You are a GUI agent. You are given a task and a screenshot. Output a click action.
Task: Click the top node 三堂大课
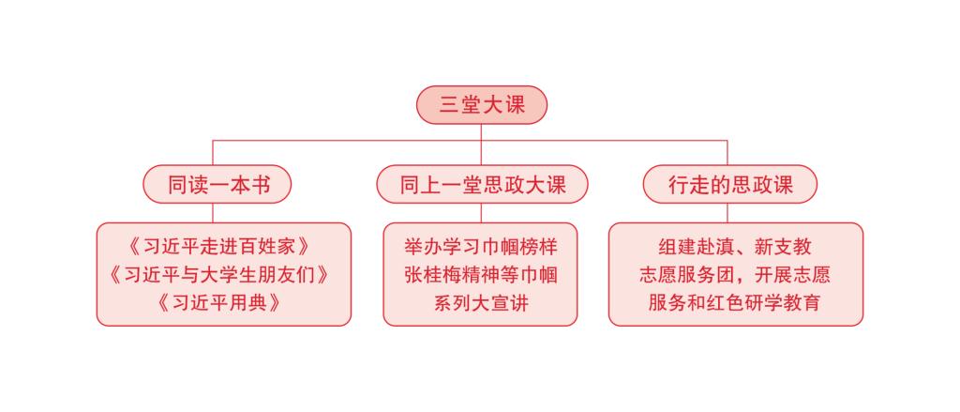coord(481,105)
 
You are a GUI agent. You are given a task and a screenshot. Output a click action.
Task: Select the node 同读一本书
coord(217,184)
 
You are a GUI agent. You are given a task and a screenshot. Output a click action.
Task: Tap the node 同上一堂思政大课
coord(482,184)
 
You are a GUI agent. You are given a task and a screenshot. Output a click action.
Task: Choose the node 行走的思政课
coord(729,184)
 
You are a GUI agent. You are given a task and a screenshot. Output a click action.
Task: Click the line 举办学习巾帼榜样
coord(481,247)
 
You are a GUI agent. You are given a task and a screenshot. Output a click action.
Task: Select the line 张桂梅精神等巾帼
coord(481,275)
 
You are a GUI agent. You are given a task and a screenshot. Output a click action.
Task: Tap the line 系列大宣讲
coord(481,303)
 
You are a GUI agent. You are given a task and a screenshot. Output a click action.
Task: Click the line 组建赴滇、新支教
coord(735,247)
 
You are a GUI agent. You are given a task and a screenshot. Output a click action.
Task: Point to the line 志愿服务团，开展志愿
coord(735,275)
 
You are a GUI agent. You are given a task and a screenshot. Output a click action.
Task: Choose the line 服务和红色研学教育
coord(735,303)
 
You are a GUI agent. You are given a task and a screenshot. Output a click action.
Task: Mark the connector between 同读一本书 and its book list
coord(213,213)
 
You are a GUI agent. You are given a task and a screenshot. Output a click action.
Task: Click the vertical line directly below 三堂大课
coord(481,132)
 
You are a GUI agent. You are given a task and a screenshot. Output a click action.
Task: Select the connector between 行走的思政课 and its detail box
coord(727,213)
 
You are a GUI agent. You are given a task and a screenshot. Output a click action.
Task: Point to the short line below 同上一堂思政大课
coord(481,213)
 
